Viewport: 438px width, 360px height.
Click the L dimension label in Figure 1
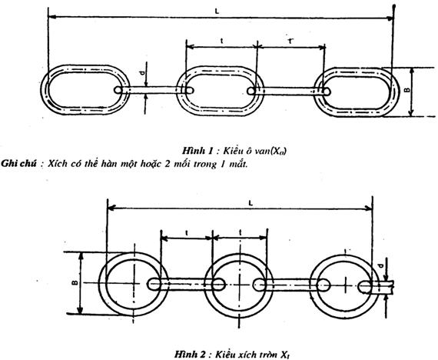[217, 12]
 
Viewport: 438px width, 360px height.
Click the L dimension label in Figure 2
[251, 203]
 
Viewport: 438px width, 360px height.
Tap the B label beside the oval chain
[408, 90]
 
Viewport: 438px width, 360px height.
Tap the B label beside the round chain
[75, 283]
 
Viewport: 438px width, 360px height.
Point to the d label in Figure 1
[142, 73]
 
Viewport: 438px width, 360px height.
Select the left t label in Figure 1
[222, 41]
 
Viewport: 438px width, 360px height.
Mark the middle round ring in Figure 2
[207, 285]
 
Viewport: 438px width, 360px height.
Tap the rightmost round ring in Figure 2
[313, 286]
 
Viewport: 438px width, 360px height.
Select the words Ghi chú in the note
[18, 164]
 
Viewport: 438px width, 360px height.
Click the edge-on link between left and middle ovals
[154, 90]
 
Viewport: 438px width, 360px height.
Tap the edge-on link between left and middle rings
[186, 285]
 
